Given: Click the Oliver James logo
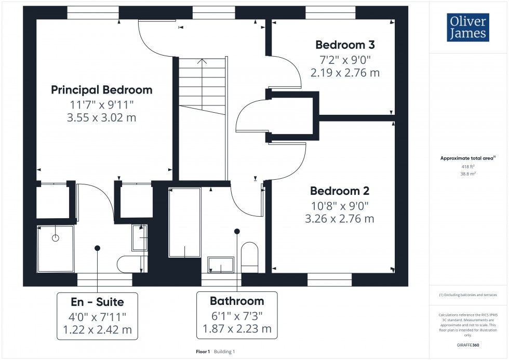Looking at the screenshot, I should [467, 28].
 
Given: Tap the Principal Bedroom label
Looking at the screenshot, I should [102, 90].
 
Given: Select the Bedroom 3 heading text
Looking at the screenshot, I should [345, 45].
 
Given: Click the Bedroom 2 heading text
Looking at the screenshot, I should [339, 191].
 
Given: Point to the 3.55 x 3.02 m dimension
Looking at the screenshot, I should [102, 118].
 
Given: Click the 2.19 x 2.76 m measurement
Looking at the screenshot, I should [345, 73].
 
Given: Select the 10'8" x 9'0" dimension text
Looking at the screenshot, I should [339, 205].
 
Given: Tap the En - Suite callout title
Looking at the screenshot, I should [98, 301].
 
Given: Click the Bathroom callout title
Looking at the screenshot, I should [237, 301].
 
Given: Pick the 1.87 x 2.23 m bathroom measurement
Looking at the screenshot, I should [237, 328].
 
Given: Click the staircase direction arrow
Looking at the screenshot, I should [203, 62].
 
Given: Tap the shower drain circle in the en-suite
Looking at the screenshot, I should [56, 238].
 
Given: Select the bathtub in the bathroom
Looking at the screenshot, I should [184, 222].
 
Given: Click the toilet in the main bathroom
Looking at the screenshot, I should [249, 257].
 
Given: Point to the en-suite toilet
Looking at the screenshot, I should [129, 264].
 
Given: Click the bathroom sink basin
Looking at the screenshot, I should [221, 265].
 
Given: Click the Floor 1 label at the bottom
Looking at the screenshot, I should [203, 352].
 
